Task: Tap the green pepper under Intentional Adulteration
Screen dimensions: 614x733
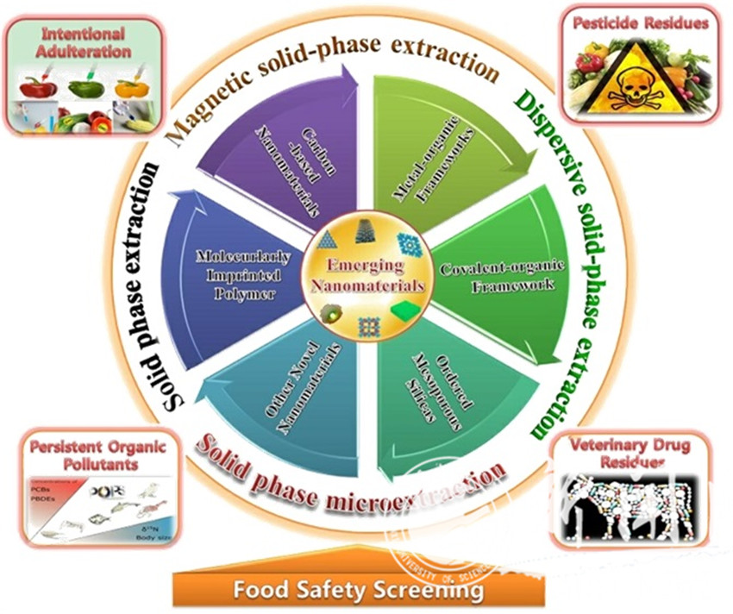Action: pos(85,88)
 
